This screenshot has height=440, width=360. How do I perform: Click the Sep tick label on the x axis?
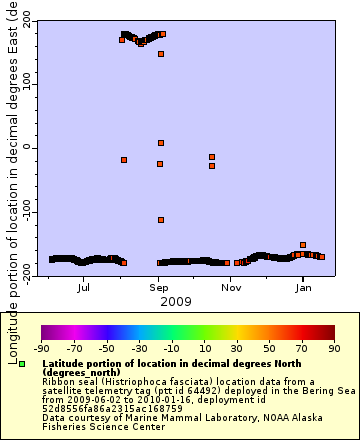(159, 288)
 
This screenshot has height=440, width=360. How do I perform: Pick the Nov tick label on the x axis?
(231, 288)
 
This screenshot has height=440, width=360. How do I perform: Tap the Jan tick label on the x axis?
(303, 288)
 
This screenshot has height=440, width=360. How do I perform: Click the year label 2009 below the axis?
(176, 301)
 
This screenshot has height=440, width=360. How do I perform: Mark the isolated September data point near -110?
(161, 220)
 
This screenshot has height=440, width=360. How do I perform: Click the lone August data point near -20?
(124, 160)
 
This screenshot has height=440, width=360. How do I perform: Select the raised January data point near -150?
(303, 245)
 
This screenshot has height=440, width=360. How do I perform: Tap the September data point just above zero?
(161, 143)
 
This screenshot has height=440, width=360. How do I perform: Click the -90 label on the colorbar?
(42, 349)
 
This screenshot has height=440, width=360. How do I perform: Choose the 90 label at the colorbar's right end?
(334, 349)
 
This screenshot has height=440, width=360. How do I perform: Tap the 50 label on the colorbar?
(269, 349)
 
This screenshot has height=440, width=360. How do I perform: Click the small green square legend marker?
(21, 364)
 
